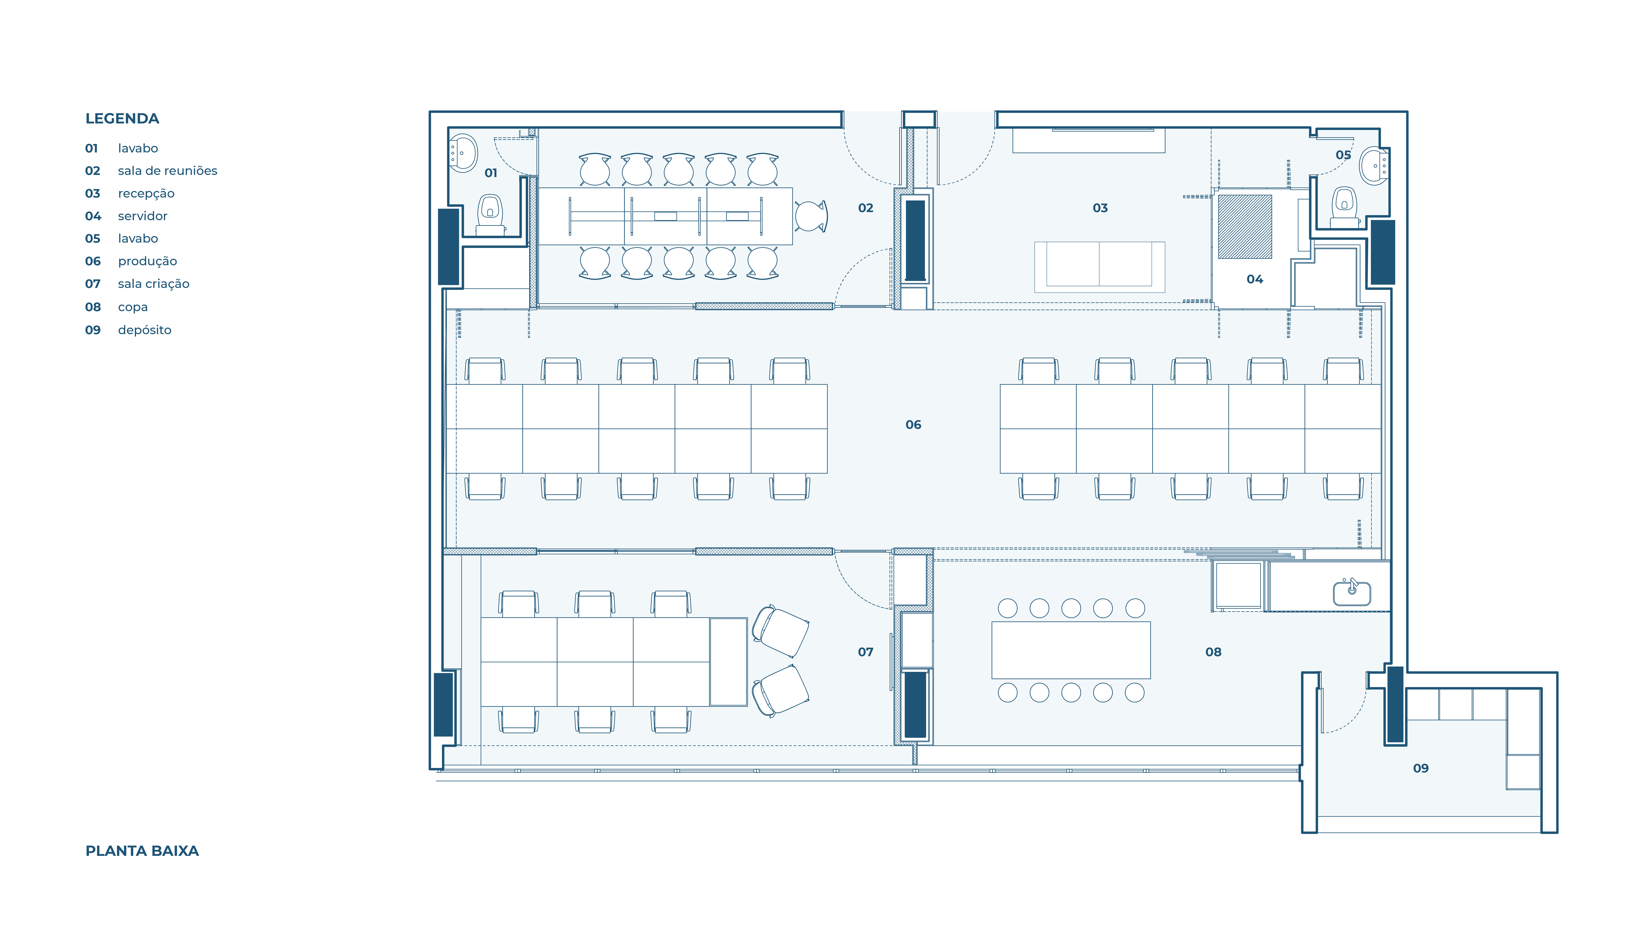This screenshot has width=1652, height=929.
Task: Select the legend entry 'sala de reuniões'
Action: [167, 170]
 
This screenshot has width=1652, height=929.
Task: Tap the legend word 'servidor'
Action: [142, 216]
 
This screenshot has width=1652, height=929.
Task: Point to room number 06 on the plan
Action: [913, 424]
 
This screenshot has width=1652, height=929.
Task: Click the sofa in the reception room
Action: [1099, 267]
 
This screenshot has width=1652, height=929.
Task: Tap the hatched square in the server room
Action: [1245, 226]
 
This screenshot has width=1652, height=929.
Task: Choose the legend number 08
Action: [93, 307]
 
